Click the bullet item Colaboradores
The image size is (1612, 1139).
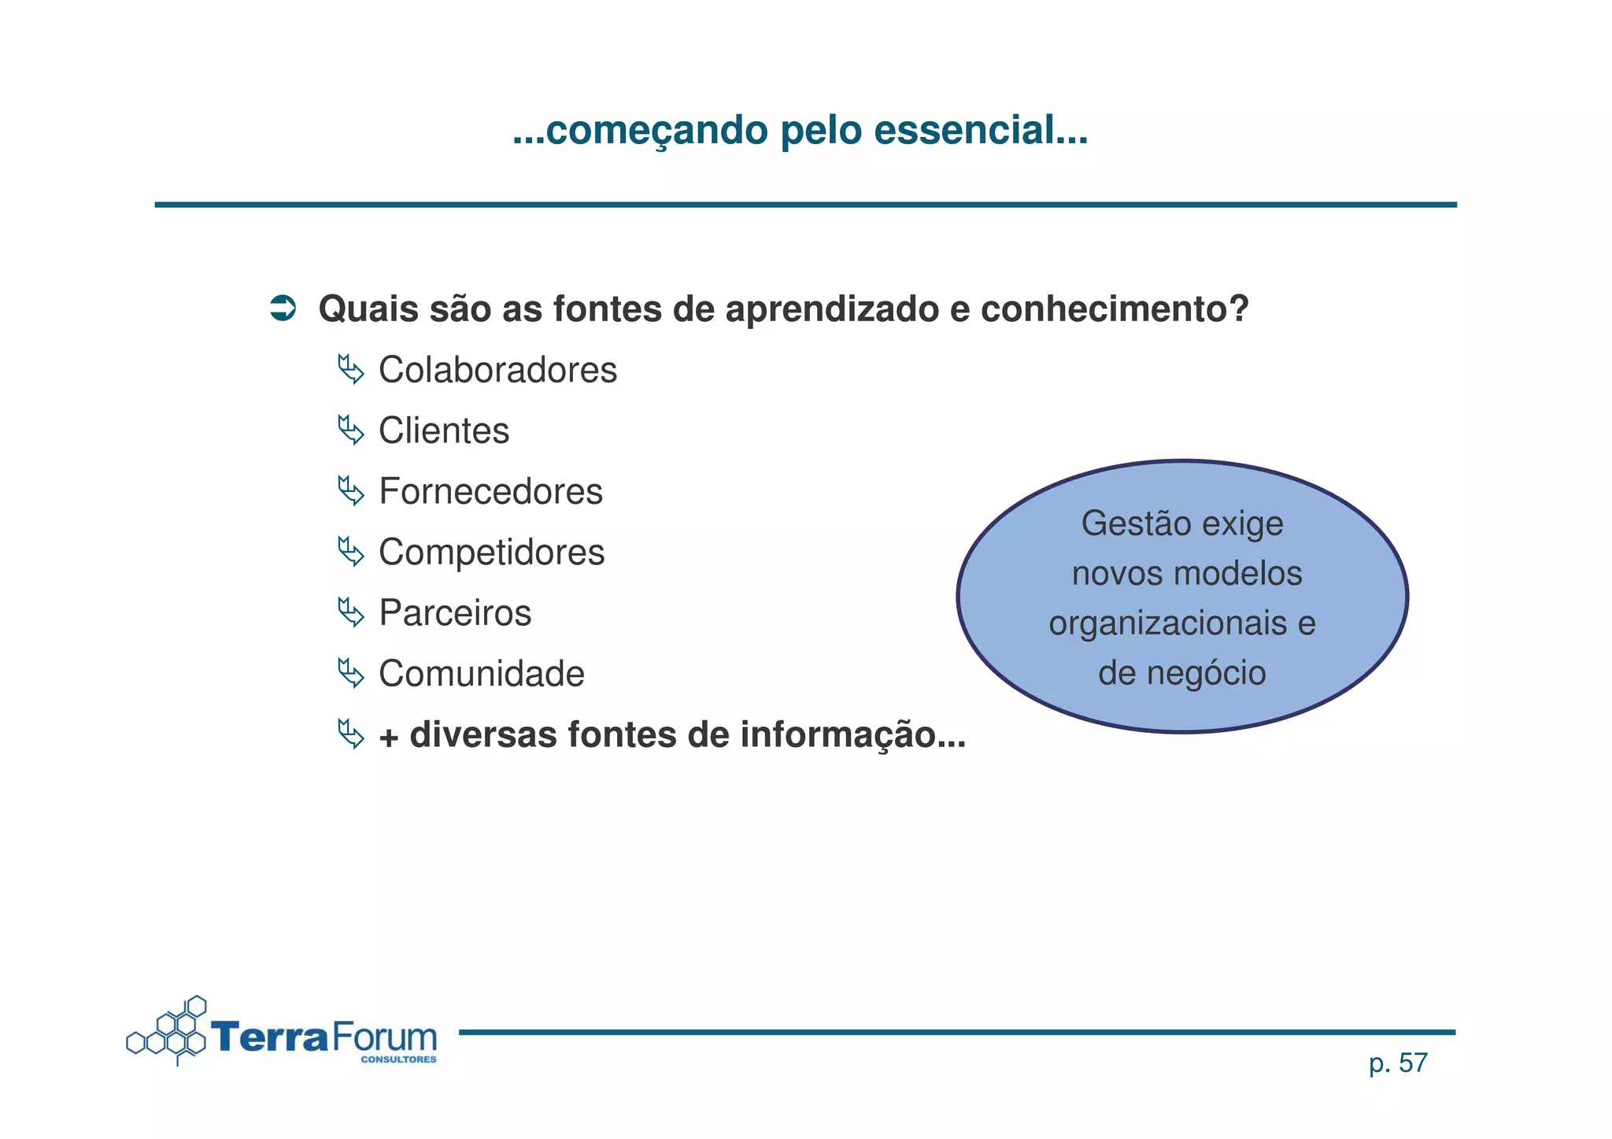[x=497, y=370]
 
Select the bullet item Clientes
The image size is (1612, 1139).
[x=444, y=431]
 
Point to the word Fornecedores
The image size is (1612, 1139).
[x=490, y=491]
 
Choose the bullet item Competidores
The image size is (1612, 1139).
[x=491, y=552]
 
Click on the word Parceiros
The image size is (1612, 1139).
[x=455, y=612]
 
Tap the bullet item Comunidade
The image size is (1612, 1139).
[x=481, y=674]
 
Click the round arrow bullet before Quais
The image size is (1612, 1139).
[x=283, y=308]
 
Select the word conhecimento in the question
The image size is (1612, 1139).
[x=1114, y=309]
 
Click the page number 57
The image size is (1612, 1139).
[x=1413, y=1063]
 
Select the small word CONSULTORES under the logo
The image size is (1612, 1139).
[x=398, y=1059]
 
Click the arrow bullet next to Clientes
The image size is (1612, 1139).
[x=351, y=431]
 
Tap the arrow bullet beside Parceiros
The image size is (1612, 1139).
[x=351, y=612]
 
